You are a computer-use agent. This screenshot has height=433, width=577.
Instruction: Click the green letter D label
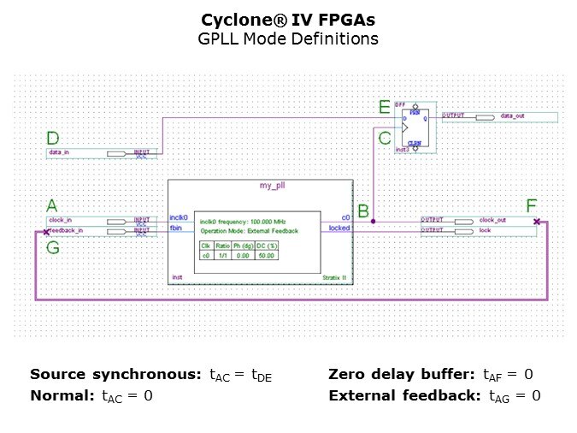coord(53,138)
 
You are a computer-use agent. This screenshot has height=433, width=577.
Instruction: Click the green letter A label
coord(52,205)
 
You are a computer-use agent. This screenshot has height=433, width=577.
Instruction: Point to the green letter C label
coord(385,137)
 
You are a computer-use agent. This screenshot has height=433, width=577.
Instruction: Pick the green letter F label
coord(532,205)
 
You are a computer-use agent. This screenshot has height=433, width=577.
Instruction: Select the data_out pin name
coord(514,116)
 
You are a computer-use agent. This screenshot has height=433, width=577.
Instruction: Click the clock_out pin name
coord(493,221)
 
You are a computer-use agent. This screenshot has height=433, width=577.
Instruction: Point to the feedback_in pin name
coord(66,231)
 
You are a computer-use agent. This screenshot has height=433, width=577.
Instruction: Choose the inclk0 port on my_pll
coord(179,217)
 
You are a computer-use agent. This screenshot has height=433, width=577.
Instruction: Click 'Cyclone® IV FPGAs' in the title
coord(289,19)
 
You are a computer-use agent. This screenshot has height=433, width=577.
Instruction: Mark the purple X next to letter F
coord(536,222)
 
